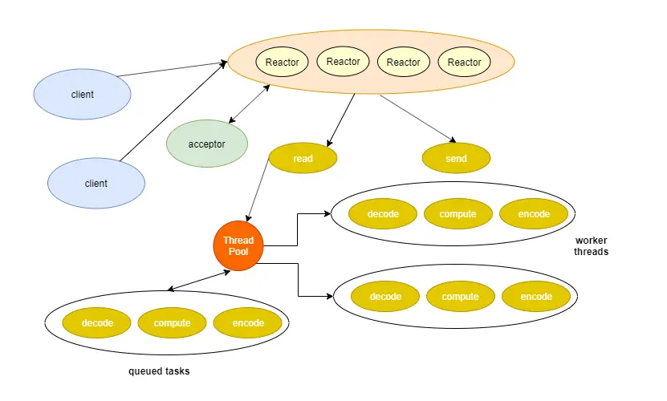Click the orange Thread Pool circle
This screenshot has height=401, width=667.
tap(238, 246)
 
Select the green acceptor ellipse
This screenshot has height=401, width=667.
tap(206, 144)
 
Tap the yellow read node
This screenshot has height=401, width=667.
tap(303, 159)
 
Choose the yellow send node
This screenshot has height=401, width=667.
tap(456, 159)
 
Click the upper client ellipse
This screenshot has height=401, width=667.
tap(82, 94)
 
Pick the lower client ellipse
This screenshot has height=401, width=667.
tap(96, 183)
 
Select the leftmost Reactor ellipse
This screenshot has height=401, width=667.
tap(282, 62)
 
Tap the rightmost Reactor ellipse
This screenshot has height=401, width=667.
tap(464, 62)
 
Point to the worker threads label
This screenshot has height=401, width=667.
tap(591, 246)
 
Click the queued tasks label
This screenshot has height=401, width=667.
tap(159, 371)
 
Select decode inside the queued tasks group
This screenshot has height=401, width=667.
tap(96, 323)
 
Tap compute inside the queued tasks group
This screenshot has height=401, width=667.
tap(172, 323)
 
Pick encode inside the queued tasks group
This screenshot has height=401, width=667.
tap(248, 323)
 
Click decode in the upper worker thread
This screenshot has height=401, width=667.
tap(384, 214)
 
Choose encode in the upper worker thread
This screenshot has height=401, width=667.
tap(534, 214)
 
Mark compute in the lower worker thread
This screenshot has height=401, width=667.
tap(460, 297)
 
